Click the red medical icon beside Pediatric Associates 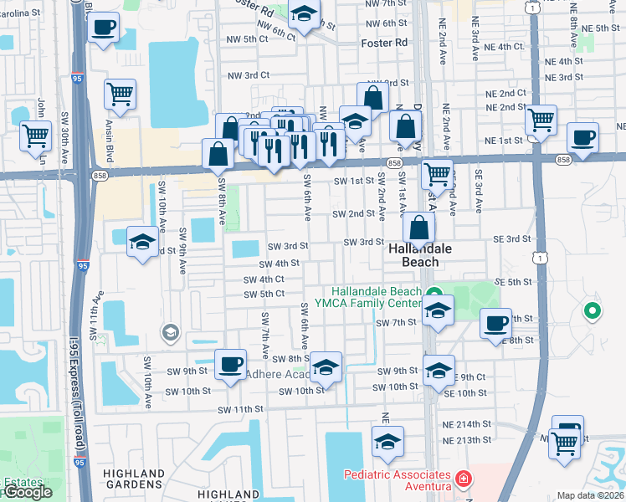point(463,480)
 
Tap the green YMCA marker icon point(434,292)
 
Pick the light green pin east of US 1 point(592,312)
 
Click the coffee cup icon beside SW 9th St point(229,365)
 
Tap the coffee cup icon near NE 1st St point(582,137)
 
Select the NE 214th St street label point(467,425)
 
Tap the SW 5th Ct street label point(264,295)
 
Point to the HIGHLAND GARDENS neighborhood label point(134,479)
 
